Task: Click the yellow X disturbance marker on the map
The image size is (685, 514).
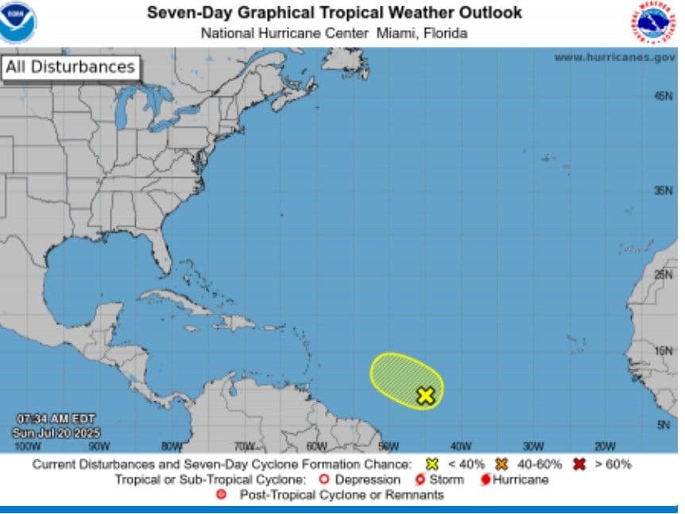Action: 426,396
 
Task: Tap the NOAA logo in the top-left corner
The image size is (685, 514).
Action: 17,22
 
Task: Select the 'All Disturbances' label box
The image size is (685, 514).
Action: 70,68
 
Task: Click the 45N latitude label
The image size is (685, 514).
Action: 664,95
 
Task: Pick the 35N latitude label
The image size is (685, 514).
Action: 664,191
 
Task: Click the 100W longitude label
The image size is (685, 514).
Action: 28,446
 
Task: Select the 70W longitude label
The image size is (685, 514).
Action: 244,446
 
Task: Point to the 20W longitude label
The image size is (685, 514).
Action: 606,446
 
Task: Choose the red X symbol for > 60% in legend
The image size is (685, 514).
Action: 579,464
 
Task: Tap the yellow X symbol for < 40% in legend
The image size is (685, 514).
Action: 433,464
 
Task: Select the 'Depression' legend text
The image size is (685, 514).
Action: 367,480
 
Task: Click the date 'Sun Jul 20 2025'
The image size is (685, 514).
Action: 51,433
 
